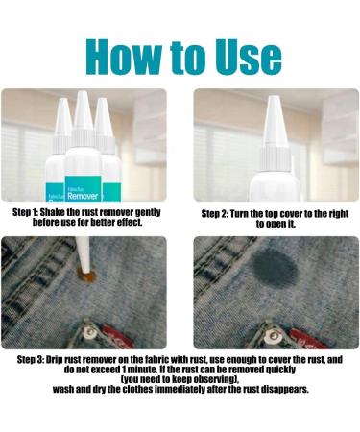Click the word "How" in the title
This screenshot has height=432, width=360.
click(x=124, y=57)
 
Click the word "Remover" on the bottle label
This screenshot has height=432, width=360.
click(x=83, y=196)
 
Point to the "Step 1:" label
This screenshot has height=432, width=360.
click(x=26, y=212)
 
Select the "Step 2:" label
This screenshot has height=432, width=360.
click(x=214, y=214)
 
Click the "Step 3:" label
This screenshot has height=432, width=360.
click(x=31, y=360)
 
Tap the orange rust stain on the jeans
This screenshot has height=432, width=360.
click(x=87, y=276)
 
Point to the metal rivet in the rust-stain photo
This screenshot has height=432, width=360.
click(x=90, y=333)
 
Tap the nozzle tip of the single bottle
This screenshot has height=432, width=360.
click(x=275, y=98)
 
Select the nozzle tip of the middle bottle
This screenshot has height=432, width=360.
click(x=83, y=93)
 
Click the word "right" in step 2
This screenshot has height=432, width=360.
click(x=337, y=214)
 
